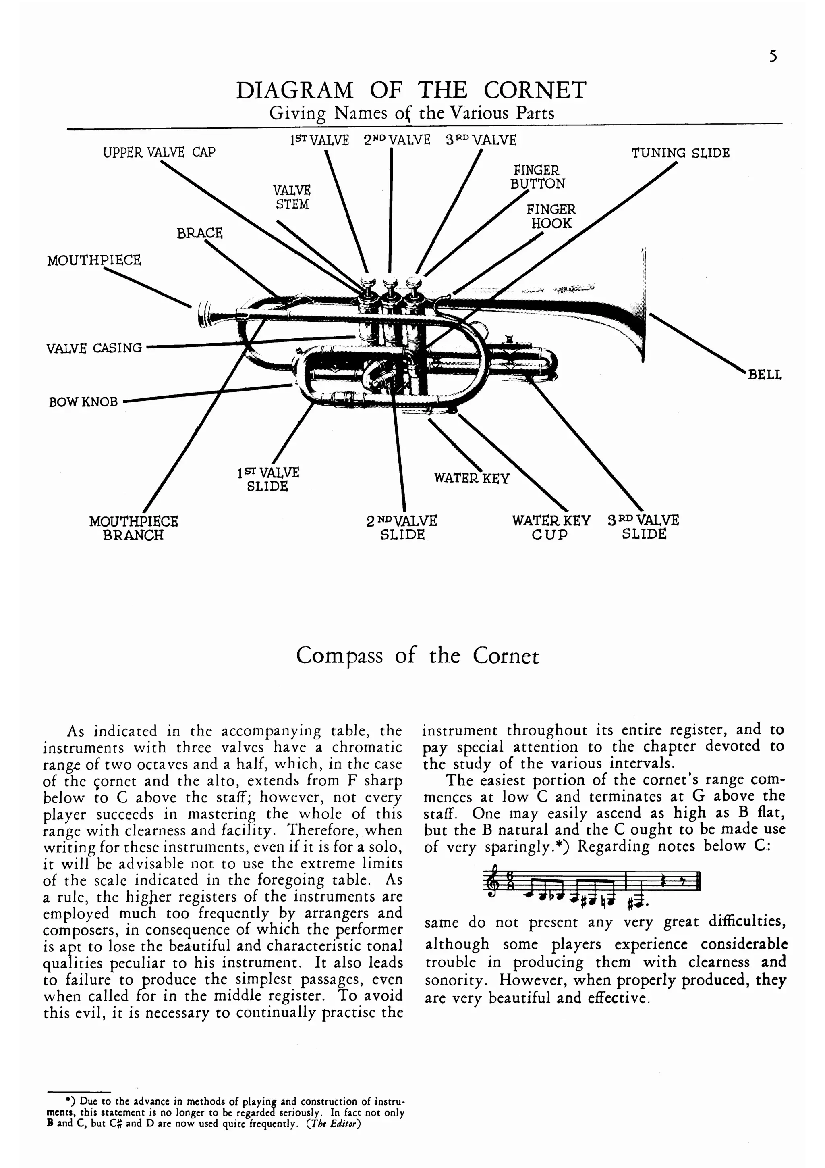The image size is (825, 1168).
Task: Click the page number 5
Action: (x=773, y=56)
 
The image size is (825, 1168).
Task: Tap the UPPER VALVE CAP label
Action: (x=159, y=152)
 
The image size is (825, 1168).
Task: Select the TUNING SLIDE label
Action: (x=680, y=153)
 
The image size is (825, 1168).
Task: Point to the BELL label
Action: (x=765, y=375)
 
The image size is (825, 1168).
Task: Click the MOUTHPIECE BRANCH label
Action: (x=134, y=528)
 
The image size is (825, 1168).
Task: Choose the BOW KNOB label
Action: (x=83, y=402)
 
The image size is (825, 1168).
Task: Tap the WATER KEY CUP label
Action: (x=551, y=527)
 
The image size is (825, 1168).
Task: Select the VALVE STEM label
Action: (x=292, y=198)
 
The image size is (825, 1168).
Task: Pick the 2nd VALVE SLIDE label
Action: (x=402, y=527)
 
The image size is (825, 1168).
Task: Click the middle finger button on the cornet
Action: (x=390, y=282)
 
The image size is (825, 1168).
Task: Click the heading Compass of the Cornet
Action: (x=417, y=656)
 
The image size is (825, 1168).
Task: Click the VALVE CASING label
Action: (x=94, y=348)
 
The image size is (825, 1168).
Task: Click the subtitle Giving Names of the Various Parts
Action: (x=412, y=113)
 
